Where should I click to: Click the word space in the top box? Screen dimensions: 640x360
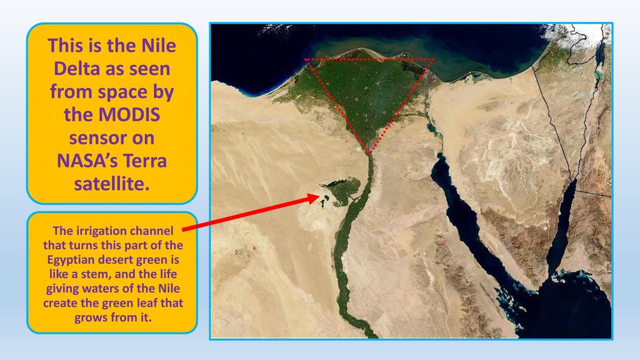pyautogui.click(x=122, y=92)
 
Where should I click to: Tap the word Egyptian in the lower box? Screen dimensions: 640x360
pyautogui.click(x=68, y=260)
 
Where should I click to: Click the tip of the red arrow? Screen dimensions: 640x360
pyautogui.click(x=319, y=197)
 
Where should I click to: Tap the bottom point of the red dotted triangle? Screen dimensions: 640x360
pyautogui.click(x=369, y=154)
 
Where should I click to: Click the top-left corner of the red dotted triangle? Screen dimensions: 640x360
pyautogui.click(x=306, y=59)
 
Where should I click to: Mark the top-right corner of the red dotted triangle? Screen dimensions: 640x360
pyautogui.click(x=434, y=59)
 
